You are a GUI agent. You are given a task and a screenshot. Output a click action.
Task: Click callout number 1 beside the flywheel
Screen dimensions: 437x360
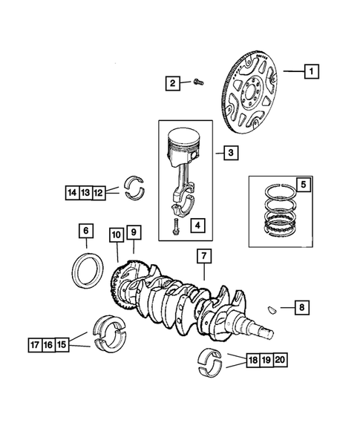311,71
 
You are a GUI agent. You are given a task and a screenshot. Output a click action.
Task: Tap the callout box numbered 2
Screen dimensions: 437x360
171,83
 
